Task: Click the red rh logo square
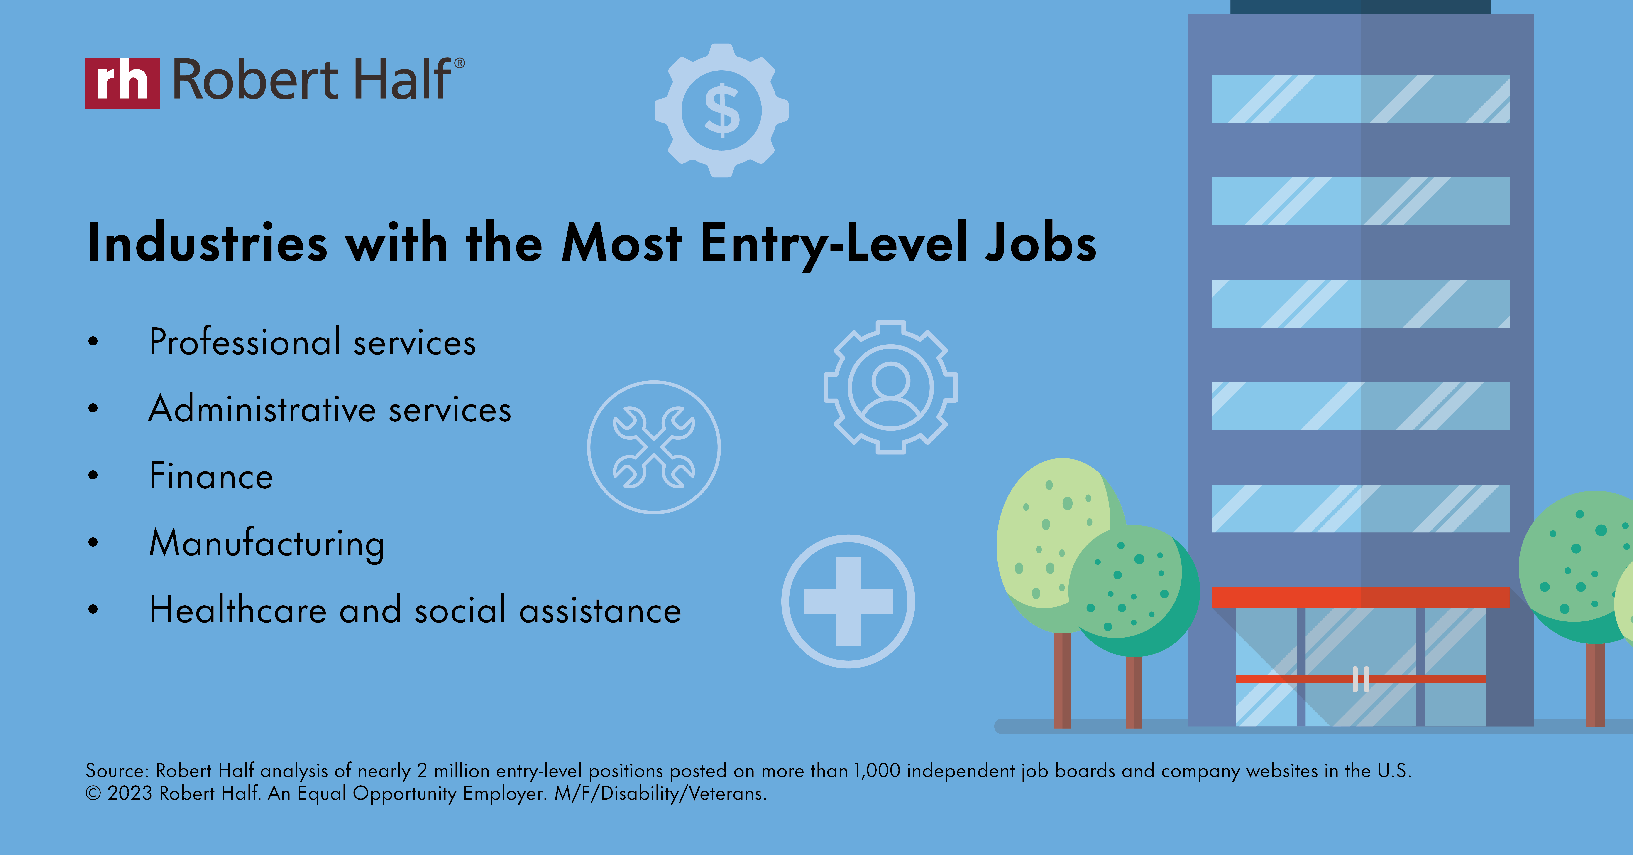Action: point(122,84)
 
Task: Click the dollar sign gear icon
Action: point(721,110)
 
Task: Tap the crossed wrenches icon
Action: point(654,447)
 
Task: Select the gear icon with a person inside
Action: point(891,387)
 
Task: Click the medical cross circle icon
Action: point(848,601)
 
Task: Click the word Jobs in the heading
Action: point(1040,244)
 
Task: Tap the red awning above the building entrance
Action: point(1360,597)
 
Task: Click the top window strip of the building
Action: point(1360,99)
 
